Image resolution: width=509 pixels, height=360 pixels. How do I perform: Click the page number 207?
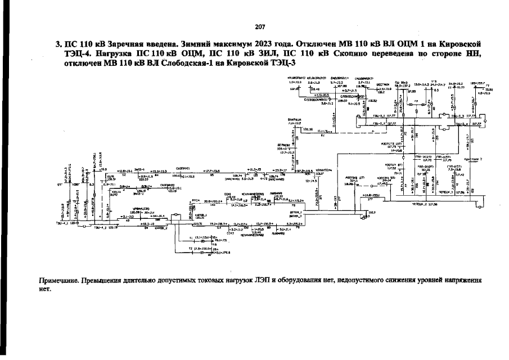(x=259, y=27)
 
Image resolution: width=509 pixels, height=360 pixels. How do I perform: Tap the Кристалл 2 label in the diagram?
(x=474, y=159)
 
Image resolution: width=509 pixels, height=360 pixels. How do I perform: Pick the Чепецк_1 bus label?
(x=446, y=192)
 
